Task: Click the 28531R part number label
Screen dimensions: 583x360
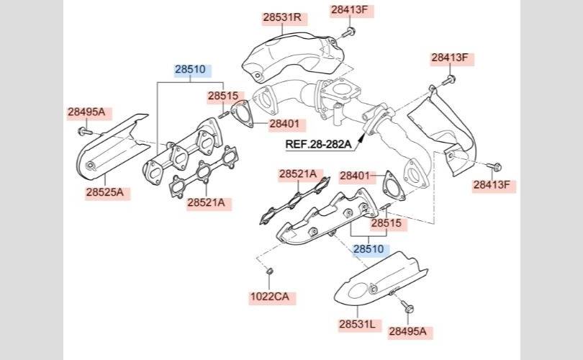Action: [x=282, y=17]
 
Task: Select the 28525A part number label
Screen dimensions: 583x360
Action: [x=105, y=192]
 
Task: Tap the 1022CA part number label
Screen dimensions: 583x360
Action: [x=270, y=297]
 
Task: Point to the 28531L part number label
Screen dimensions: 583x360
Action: [x=357, y=324]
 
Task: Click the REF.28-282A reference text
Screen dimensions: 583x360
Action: [x=318, y=144]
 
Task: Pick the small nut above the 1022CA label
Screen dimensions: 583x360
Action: [x=270, y=271]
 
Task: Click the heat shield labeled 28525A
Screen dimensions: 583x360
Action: [x=112, y=147]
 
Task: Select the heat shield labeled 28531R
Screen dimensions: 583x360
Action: [x=294, y=55]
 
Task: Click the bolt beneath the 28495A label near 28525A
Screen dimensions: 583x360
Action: [x=85, y=131]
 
